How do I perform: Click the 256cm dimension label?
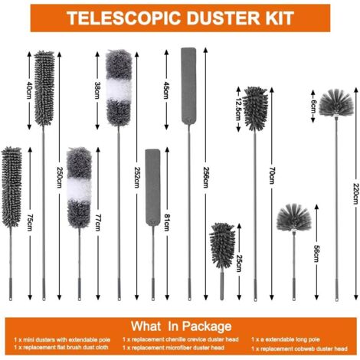click(206, 178)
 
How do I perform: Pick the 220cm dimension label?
click(355, 194)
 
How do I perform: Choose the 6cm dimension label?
click(313, 106)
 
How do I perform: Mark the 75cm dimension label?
click(30, 223)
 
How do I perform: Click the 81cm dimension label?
click(167, 223)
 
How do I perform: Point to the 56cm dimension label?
click(316, 254)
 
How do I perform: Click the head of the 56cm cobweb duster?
click(294, 218)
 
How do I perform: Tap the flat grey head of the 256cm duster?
click(188, 86)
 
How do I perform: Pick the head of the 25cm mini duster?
click(222, 245)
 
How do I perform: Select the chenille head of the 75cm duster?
click(11, 187)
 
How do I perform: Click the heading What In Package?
click(182, 326)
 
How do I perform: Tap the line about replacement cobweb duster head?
click(299, 349)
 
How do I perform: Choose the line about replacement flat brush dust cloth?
click(61, 347)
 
